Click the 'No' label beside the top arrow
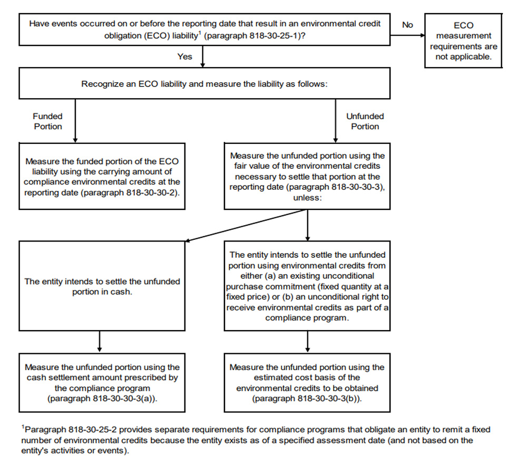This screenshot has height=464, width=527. pyautogui.click(x=407, y=24)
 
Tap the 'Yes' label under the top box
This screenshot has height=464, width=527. pyautogui.click(x=184, y=56)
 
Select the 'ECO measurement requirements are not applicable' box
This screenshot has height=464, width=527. pyautogui.click(x=464, y=41)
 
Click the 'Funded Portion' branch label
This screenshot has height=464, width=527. pyautogui.click(x=47, y=121)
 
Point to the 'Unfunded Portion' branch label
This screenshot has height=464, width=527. pyautogui.click(x=365, y=121)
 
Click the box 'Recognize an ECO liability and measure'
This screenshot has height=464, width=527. pyautogui.click(x=205, y=84)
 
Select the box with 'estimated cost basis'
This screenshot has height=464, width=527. pyautogui.click(x=307, y=382)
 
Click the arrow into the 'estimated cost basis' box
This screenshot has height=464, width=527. pyautogui.click(x=307, y=342)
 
